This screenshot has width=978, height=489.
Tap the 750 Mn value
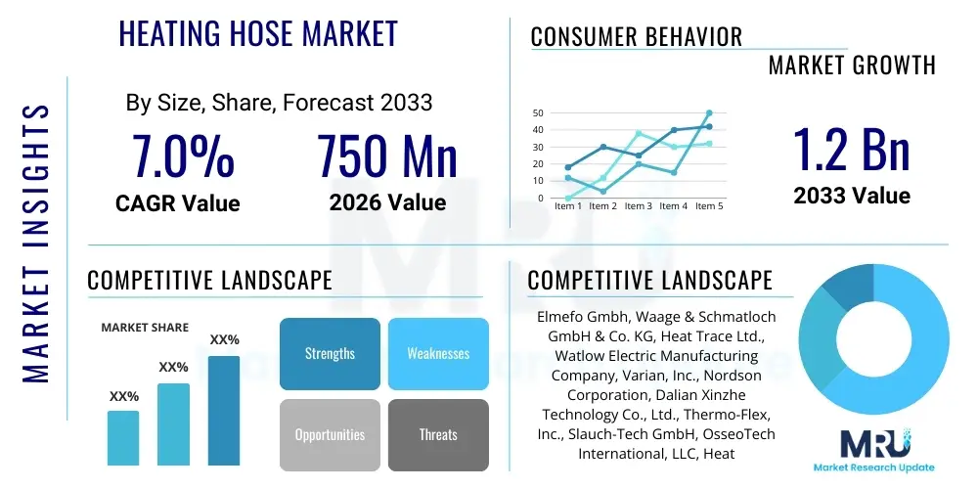[387, 157]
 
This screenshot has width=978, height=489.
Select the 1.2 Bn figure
[851, 149]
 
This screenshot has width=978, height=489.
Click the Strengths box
[330, 353]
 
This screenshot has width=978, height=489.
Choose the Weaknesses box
[438, 353]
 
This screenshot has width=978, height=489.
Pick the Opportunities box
[330, 434]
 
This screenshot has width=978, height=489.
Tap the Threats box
[438, 434]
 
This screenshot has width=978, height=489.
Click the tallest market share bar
[224, 410]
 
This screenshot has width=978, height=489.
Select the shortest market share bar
[123, 437]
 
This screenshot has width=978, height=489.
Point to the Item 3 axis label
[638, 206]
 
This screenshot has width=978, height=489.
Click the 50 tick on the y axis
[538, 113]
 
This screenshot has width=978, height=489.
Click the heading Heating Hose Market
[258, 34]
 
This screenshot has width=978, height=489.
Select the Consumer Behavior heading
[637, 37]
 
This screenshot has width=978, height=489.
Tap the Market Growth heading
[852, 66]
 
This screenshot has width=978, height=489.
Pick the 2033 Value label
[852, 196]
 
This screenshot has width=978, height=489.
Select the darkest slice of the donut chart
[842, 287]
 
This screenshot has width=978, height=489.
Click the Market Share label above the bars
[145, 328]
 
